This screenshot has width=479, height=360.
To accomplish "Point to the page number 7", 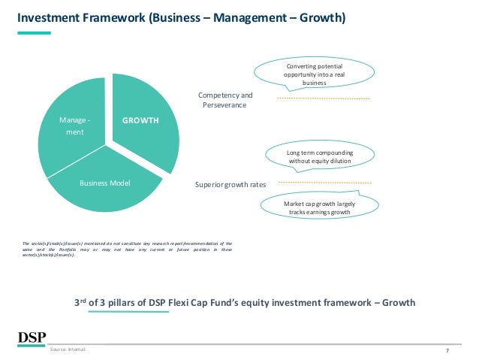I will pyautogui.click(x=447, y=350).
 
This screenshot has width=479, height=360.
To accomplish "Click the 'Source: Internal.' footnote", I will pyautogui.click(x=68, y=350).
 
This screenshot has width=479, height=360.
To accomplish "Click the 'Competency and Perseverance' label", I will pyautogui.click(x=224, y=100).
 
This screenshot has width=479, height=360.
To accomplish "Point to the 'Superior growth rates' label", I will pyautogui.click(x=225, y=182).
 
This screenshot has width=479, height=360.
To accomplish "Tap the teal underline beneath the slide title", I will pyautogui.click(x=34, y=32).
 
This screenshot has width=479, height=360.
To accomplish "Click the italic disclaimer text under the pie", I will pyautogui.click(x=127, y=249).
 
